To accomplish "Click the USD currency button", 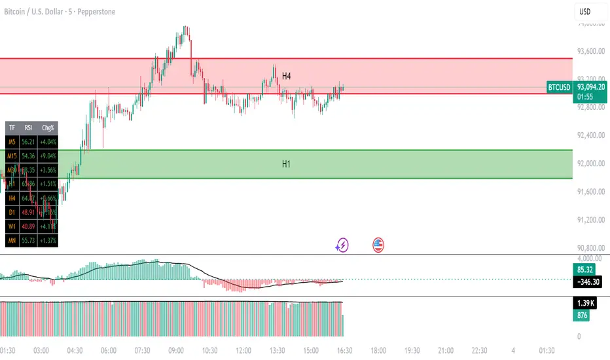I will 585,12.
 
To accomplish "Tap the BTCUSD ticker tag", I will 559,87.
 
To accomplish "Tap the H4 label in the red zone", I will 286,77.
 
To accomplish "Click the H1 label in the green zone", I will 286,164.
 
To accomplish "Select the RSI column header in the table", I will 28,128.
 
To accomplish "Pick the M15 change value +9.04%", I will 47,156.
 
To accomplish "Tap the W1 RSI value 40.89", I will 28,226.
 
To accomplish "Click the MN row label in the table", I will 11,241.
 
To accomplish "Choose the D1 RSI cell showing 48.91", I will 28,213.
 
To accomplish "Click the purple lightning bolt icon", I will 342,245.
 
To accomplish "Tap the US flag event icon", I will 378,245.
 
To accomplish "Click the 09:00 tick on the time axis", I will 175,350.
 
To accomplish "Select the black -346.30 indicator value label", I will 587,282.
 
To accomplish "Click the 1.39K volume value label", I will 584,304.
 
